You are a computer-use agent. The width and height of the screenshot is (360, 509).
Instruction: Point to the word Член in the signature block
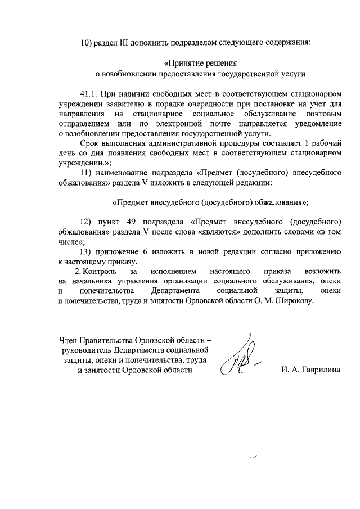pos(70,339)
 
